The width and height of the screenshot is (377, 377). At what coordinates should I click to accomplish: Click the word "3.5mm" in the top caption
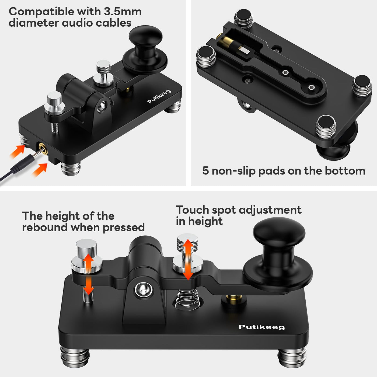click(x=123, y=12)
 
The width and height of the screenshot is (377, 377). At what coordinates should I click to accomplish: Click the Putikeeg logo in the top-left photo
click(x=159, y=96)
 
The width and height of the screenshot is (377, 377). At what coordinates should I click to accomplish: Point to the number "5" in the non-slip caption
click(x=206, y=171)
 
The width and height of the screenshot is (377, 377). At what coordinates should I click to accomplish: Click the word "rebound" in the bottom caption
click(x=45, y=227)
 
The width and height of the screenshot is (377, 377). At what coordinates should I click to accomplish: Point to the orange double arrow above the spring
click(x=188, y=259)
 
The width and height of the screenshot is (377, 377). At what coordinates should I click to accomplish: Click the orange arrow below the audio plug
click(x=40, y=170)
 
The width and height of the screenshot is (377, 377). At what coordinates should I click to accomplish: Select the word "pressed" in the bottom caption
click(x=124, y=228)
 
